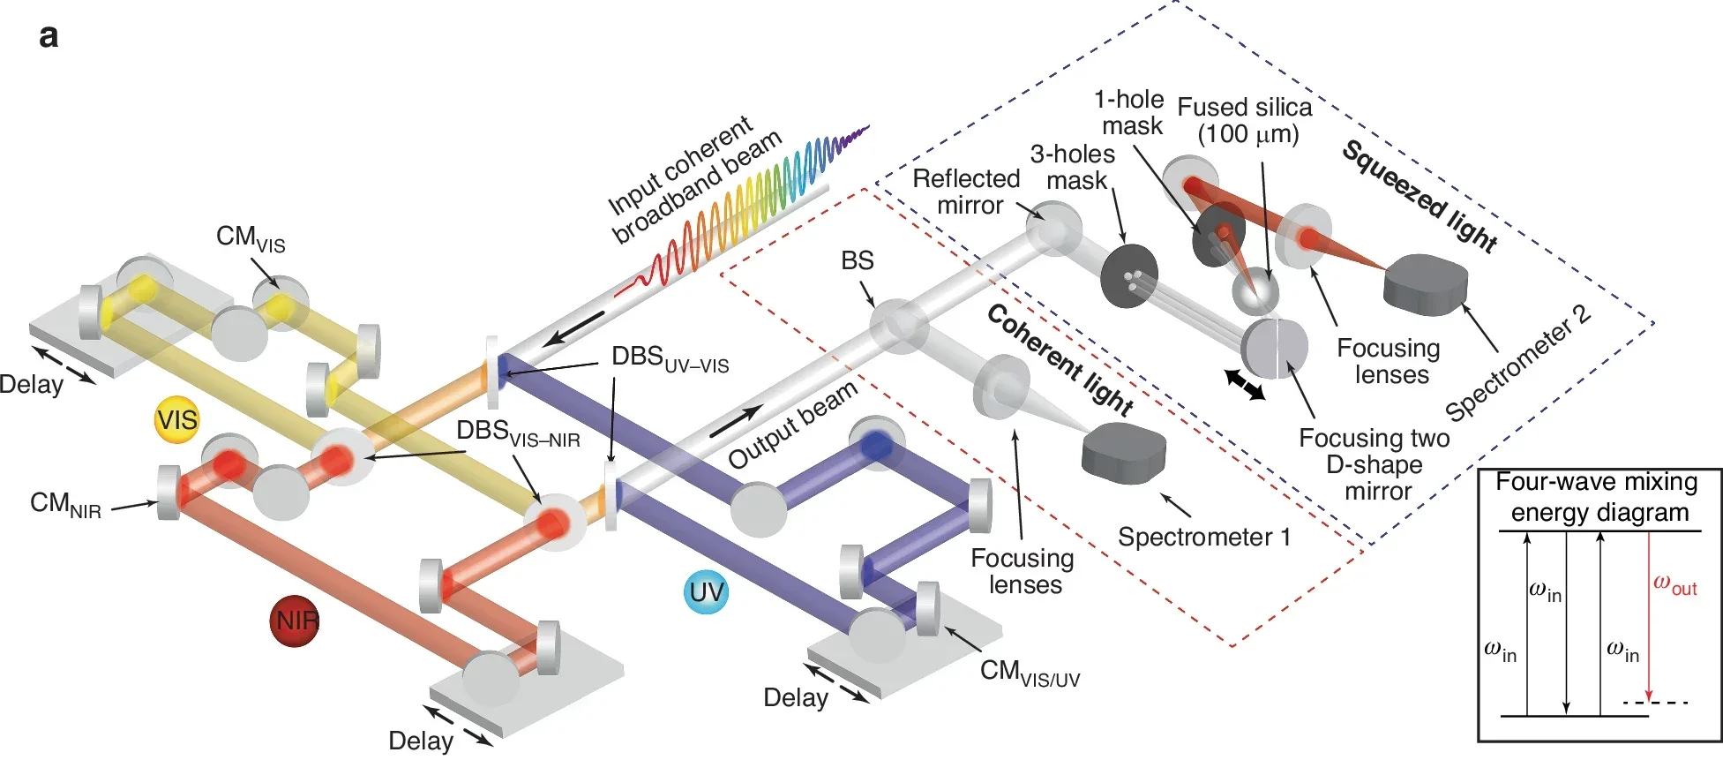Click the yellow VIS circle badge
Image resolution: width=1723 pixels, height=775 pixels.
tap(176, 420)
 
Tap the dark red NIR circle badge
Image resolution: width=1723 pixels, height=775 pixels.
tap(295, 621)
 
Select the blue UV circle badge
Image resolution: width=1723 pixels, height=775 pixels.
tap(707, 592)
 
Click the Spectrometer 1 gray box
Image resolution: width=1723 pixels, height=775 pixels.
tap(1123, 452)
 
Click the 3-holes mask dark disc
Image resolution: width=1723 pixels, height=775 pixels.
tap(1129, 277)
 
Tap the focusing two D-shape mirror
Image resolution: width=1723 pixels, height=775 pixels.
tap(1275, 348)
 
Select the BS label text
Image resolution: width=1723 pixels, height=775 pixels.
tap(857, 261)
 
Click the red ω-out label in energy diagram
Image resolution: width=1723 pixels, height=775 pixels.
tap(1674, 584)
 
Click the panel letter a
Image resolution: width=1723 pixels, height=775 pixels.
tap(49, 36)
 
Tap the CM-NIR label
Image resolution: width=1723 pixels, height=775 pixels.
tap(65, 505)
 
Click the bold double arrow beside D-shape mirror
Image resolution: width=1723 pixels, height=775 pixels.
tap(1245, 385)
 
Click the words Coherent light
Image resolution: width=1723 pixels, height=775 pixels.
tap(1059, 359)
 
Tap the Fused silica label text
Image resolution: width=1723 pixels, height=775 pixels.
tap(1245, 121)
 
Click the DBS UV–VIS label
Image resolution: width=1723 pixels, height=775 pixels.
tap(670, 358)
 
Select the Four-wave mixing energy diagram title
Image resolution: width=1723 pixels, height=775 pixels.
tap(1598, 497)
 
